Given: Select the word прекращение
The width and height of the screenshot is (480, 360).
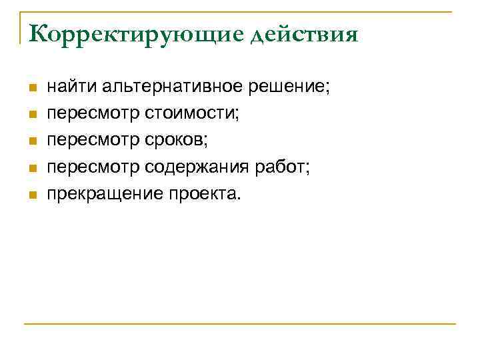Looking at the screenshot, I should pyautogui.click(x=93, y=194).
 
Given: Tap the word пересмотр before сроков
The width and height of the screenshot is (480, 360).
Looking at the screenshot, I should pyautogui.click(x=93, y=141).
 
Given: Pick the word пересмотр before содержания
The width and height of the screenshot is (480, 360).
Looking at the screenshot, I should pyautogui.click(x=93, y=167).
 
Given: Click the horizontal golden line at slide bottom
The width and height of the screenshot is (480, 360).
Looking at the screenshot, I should pyautogui.click(x=240, y=324).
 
